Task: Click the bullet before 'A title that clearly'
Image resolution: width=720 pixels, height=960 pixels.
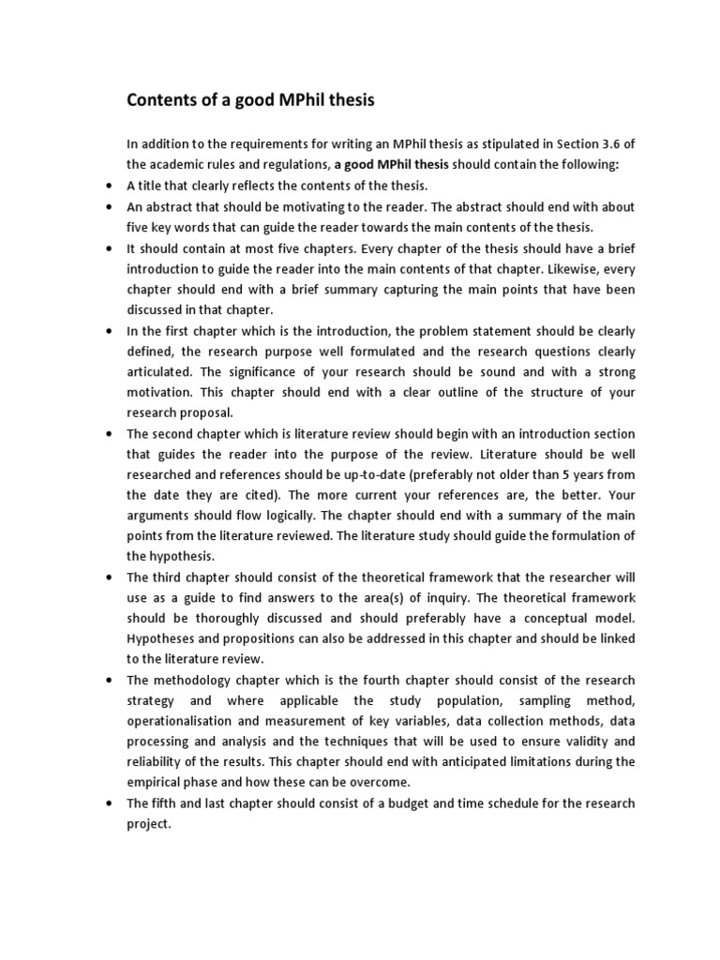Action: [112, 185]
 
